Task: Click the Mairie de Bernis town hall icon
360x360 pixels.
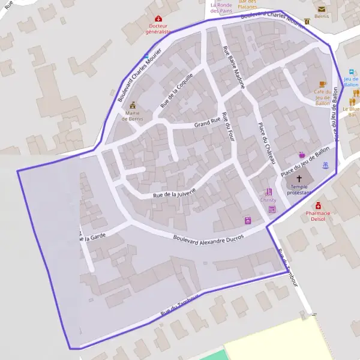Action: point(132,105)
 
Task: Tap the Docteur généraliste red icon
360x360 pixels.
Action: point(158,19)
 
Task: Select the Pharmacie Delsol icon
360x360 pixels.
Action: point(318,206)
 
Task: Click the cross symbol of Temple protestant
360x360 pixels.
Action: point(299,179)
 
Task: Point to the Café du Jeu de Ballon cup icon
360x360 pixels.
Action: point(322,84)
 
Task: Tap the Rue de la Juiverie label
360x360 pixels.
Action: point(175,192)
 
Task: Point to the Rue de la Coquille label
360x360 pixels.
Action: point(177,92)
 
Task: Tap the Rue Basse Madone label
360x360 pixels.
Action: point(233,67)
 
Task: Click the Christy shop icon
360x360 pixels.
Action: point(268,193)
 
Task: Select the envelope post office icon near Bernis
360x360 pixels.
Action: point(322,9)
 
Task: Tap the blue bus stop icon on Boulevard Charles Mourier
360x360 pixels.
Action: point(146,56)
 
